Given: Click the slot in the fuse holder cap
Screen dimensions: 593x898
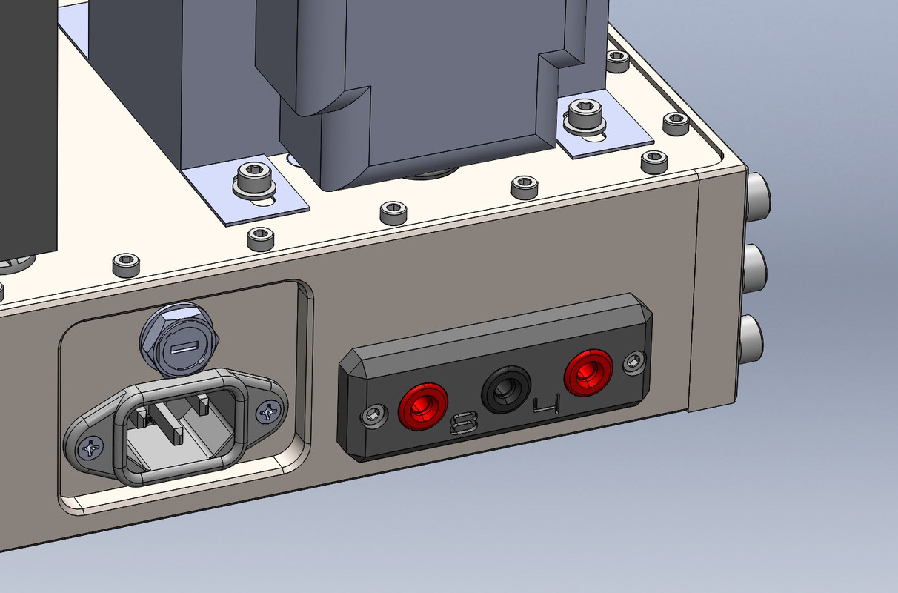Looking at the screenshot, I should point(182,348).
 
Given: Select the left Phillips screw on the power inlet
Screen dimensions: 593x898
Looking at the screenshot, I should point(91,448).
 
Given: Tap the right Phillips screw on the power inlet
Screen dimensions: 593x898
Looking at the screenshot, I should point(267,412).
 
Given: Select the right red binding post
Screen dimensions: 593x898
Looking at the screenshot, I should point(588,373).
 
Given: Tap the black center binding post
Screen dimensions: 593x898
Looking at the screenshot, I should point(506,389).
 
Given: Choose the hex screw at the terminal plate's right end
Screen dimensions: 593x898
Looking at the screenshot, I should point(635,362).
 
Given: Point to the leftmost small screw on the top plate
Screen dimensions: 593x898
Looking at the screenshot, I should point(124,262).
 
